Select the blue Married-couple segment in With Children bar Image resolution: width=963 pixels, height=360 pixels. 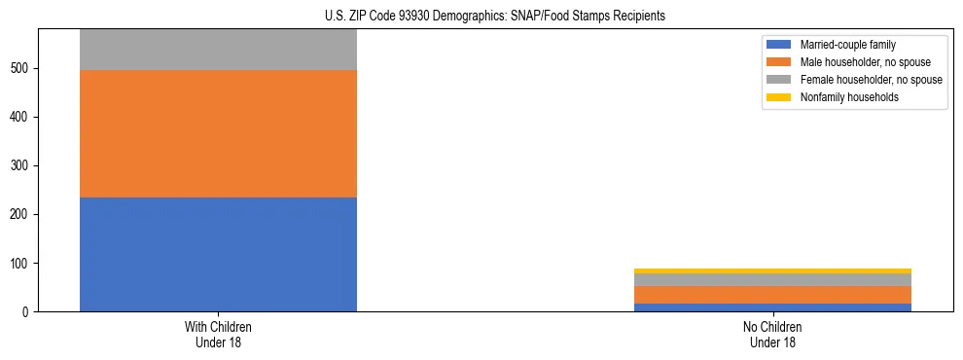tap(218, 254)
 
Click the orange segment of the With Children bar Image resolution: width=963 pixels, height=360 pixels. tap(218, 133)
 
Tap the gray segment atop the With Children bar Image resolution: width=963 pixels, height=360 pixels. tap(218, 50)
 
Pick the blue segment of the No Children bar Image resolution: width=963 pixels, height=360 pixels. tap(772, 307)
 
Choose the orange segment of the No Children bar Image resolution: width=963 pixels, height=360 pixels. tap(772, 295)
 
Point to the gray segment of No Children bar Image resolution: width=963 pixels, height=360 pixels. tap(772, 280)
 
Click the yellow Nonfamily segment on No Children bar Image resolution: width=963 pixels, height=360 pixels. tap(772, 271)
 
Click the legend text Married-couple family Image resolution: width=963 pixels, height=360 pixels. tap(847, 45)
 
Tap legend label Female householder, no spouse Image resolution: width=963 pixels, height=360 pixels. tap(871, 80)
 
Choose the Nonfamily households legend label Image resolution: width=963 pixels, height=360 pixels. tap(849, 97)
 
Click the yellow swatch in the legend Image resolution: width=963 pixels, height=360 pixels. tap(779, 97)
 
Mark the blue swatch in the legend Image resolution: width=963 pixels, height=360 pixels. tap(779, 45)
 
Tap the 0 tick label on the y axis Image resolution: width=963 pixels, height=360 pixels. tap(29, 312)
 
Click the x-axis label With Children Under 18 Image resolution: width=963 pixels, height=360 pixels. tap(218, 335)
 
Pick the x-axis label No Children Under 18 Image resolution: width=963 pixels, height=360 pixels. tap(772, 335)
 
